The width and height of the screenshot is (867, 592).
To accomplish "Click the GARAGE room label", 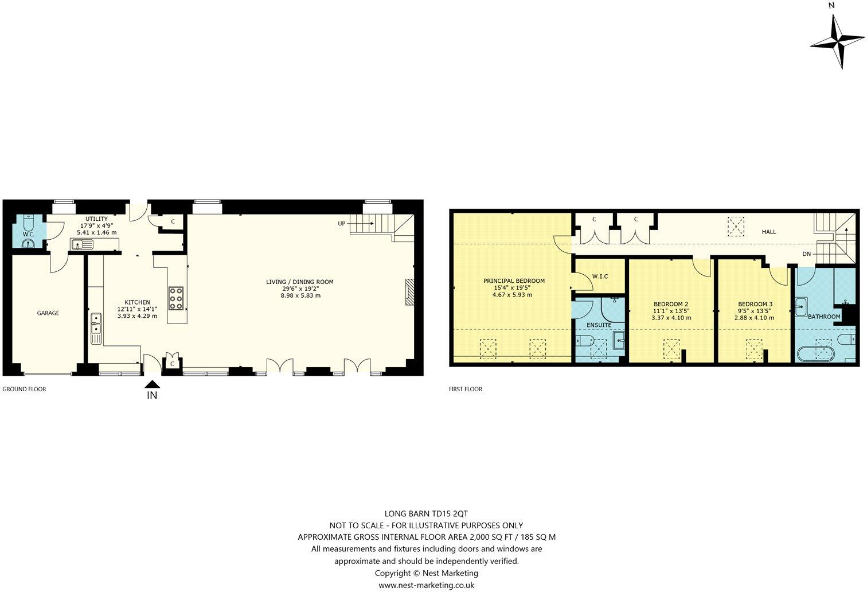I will pos(48,313).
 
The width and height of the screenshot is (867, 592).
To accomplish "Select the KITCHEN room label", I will pos(137,302).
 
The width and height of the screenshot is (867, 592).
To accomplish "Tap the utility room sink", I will pos(82,245).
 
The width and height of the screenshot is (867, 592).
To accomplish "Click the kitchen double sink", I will pos(96,324).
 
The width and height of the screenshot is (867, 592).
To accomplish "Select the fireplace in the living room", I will pos(409,293).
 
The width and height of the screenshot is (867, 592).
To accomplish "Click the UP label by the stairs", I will pos(342,223).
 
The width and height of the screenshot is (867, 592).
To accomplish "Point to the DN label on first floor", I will pos(806,254).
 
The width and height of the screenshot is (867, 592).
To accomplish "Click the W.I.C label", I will pos(600,276).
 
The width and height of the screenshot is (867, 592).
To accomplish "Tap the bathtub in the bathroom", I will pos(817,352).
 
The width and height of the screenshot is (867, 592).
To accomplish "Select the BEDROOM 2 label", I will pos(671,304).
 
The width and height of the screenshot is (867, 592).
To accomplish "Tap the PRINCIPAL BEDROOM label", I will pos(514,281).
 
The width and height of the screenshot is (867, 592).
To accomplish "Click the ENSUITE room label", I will pos(599,325).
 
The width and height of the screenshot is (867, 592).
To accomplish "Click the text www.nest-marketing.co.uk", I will pos(426,585).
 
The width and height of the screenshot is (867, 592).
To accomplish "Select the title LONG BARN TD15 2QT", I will pos(426,513).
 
